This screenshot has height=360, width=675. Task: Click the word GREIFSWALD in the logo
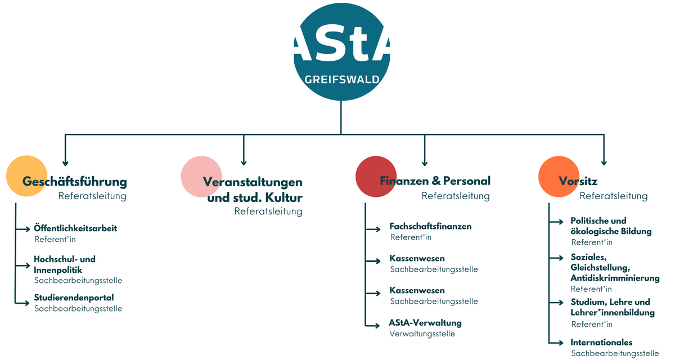341,79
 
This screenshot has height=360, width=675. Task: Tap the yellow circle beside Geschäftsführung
26,176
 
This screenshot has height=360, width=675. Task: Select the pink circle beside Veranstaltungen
201,177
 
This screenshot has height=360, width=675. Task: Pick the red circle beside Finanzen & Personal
376,176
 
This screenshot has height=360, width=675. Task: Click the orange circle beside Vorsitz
559,176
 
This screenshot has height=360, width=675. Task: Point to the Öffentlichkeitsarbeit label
75,228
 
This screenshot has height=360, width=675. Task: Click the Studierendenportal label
74,298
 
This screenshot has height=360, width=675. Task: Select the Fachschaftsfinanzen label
430,226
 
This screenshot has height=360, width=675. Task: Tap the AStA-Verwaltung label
425,323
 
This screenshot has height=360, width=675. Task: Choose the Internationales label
601,343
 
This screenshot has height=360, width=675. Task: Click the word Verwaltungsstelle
422,334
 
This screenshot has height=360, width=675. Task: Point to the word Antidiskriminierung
615,278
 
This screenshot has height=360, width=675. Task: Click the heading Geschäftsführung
75,182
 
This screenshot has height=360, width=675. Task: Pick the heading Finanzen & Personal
435,181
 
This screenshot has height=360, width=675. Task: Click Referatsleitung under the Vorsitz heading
613,196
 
